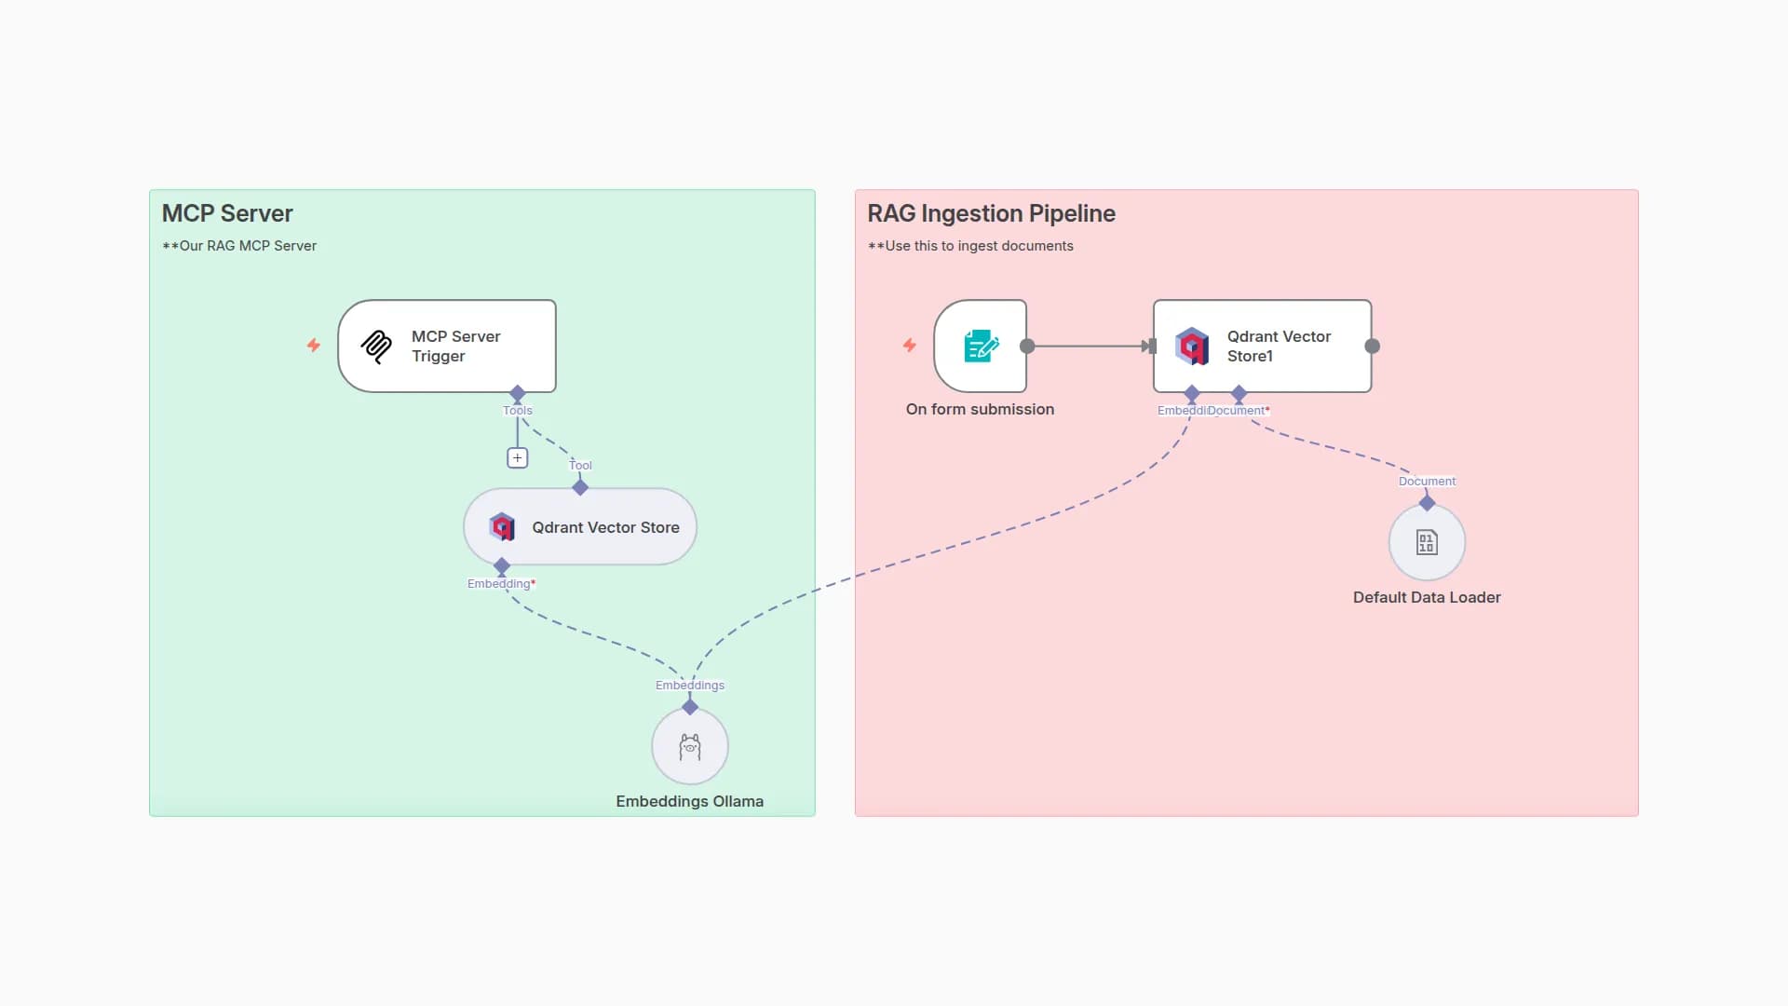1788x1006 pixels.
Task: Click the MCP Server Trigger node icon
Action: [x=376, y=347]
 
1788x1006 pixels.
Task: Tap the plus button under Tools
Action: [x=517, y=458]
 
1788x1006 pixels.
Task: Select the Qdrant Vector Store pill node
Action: [x=580, y=527]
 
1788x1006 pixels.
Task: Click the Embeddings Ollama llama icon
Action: [x=689, y=747]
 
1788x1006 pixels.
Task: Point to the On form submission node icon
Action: [x=980, y=347]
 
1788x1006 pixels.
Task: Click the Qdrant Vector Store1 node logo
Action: [x=1192, y=347]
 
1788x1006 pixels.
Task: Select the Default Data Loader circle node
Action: [x=1427, y=542]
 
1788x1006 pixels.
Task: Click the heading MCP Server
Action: [x=227, y=213]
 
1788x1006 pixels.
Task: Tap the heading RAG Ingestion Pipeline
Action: [x=991, y=213]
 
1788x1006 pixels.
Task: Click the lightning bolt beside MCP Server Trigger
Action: [x=314, y=346]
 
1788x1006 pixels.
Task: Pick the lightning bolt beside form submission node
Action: [x=910, y=346]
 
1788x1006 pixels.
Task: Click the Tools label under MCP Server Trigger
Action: [x=518, y=411]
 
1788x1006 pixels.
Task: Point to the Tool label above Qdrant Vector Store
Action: [x=580, y=466]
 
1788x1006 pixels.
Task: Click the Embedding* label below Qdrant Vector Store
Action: [x=501, y=584]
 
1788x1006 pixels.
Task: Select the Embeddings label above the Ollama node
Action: [x=689, y=686]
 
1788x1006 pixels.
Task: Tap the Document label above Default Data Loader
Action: [x=1427, y=482]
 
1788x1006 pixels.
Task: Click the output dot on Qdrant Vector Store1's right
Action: [x=1372, y=347]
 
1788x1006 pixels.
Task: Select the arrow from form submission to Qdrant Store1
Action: [x=1090, y=347]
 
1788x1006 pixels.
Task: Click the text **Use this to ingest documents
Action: [x=970, y=246]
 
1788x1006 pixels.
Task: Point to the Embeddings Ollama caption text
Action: [x=689, y=802]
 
